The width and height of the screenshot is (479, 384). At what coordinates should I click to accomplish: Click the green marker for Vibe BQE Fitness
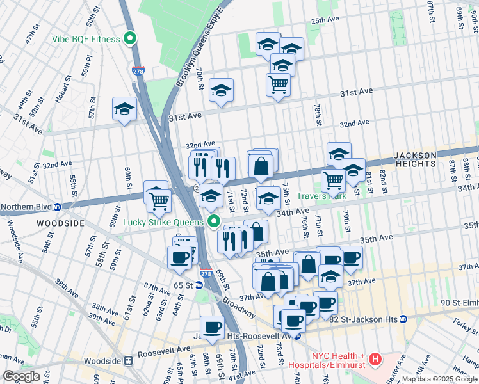click(x=130, y=39)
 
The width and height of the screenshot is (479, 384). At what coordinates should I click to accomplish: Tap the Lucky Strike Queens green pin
click(x=215, y=223)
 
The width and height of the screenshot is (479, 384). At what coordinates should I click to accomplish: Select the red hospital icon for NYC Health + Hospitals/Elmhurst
click(x=377, y=361)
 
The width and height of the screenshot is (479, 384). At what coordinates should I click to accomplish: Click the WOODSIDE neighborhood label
click(x=42, y=223)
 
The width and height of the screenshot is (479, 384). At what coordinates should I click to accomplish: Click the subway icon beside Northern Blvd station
click(x=57, y=207)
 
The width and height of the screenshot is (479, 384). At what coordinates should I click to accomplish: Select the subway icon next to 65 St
click(x=200, y=285)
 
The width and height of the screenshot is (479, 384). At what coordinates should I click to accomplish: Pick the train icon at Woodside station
click(x=129, y=361)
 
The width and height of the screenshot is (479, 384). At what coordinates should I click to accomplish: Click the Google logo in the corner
click(x=21, y=376)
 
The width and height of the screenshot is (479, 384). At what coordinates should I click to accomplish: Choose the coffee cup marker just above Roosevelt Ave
click(x=212, y=327)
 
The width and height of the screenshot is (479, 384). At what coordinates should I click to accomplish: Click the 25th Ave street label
click(x=325, y=20)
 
